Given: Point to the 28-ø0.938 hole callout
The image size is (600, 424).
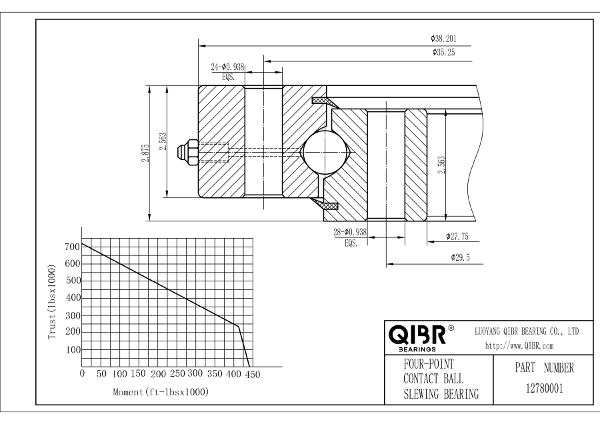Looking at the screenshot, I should tap(350, 233).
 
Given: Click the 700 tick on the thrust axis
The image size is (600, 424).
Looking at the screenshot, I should tap(71, 247).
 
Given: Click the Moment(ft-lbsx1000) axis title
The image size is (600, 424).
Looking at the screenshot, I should tap(161, 392).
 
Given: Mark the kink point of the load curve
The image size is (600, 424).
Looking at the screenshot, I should tap(238, 326).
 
